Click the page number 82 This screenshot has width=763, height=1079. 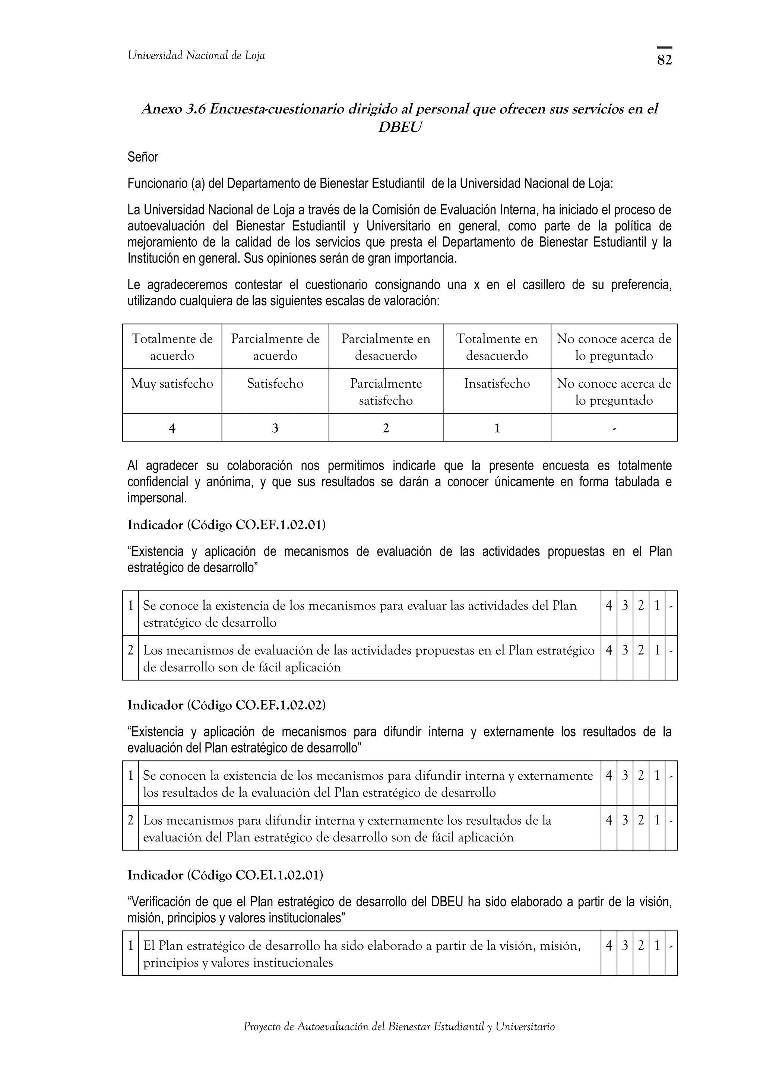664,60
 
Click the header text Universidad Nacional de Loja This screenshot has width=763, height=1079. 196,55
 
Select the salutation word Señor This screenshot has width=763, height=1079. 142,157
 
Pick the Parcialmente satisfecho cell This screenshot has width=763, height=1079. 386,391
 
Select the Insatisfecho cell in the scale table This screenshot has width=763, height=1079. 497,383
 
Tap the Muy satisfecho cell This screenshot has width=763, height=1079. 172,383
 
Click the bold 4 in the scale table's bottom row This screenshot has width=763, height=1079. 172,428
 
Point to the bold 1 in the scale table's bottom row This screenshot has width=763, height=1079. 497,428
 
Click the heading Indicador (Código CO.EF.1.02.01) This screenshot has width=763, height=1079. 226,525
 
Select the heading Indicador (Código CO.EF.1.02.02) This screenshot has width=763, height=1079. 226,705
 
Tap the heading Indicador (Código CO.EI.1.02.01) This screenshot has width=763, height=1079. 225,875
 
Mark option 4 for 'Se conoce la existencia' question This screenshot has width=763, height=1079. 608,606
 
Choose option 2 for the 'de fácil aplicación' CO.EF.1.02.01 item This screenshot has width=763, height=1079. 640,650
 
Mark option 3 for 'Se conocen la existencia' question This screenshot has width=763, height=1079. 624,776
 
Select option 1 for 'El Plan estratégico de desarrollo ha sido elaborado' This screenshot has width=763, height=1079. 657,946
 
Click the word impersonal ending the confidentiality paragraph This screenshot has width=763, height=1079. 157,498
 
